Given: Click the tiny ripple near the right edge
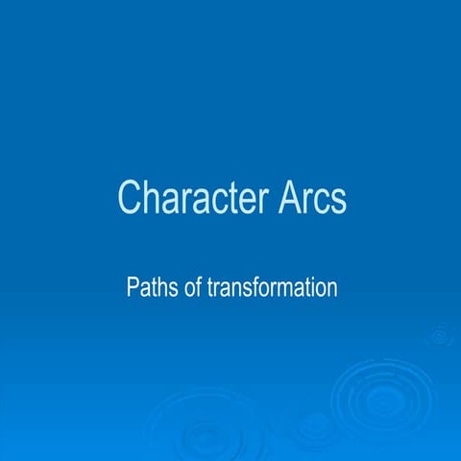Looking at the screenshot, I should [x=440, y=335].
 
